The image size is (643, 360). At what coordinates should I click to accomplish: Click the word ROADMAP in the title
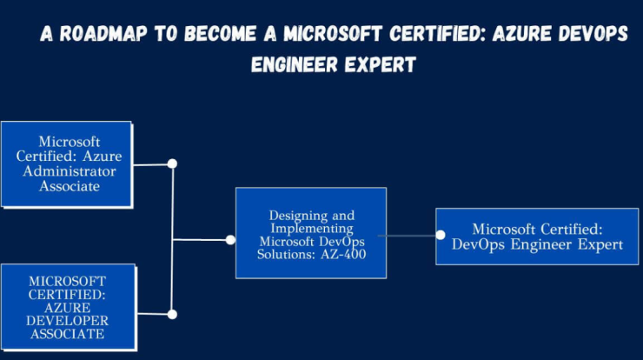pos(103,34)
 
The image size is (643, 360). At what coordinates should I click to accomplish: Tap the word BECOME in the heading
pos(220,34)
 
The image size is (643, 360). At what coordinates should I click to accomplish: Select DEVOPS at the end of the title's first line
pos(593,34)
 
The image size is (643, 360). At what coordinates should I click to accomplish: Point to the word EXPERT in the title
pos(380,65)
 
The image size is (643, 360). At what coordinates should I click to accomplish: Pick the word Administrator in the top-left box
pos(70,171)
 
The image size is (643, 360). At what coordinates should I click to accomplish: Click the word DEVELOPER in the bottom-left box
pos(67,321)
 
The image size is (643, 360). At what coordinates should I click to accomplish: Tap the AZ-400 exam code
pos(343,255)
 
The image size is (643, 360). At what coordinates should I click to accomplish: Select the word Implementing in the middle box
pos(312,229)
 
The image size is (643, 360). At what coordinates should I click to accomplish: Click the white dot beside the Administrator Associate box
pos(172,163)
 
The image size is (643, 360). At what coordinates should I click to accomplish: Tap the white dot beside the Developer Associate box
pos(172,315)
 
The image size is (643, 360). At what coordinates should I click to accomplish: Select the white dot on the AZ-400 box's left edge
pos(230,240)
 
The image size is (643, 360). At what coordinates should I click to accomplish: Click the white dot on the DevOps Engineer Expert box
pos(441,235)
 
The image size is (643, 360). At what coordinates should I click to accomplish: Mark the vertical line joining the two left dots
pos(172,239)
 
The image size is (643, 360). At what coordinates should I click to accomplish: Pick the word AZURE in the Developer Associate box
pos(67,308)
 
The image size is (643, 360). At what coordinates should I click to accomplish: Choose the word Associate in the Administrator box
pos(70,186)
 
